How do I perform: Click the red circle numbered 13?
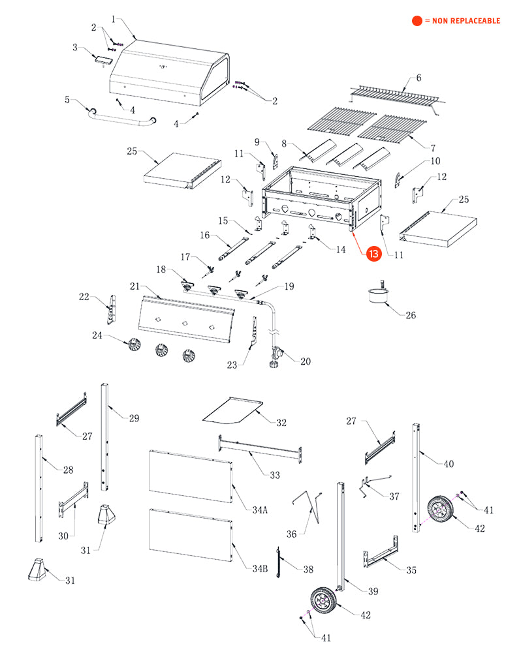point(373,255)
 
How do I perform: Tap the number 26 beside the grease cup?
point(410,316)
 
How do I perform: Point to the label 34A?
point(260,510)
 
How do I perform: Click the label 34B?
point(260,569)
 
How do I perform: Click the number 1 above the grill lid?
point(112,20)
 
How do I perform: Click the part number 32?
point(281,423)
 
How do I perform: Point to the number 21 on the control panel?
point(135,286)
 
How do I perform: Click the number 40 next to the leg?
point(448,465)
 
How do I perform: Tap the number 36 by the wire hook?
point(292,534)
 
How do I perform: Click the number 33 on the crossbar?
point(274,474)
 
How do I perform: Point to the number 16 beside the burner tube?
point(204,235)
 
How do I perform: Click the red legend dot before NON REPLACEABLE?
point(417,21)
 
